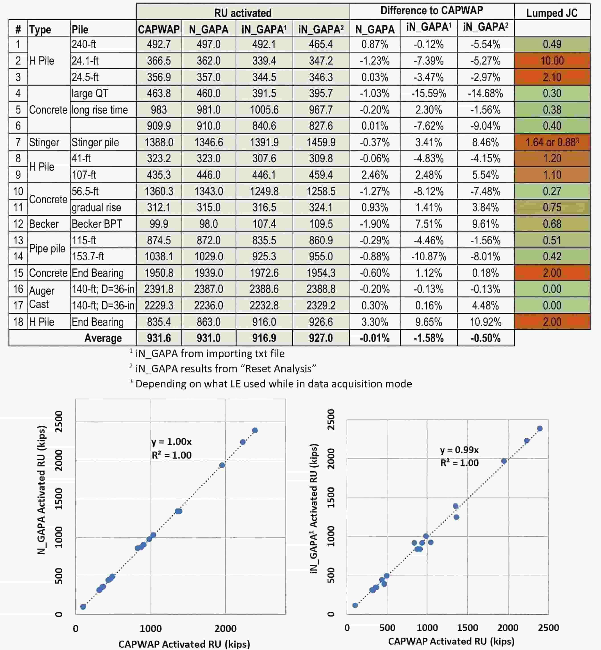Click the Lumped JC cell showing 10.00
[x=552, y=61]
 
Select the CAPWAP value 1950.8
[x=159, y=273]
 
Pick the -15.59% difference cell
[x=429, y=93]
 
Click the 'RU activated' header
[x=243, y=13]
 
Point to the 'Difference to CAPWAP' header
[x=431, y=10]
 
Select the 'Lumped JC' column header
[x=552, y=13]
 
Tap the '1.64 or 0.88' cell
[x=552, y=142]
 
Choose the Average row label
[x=103, y=338]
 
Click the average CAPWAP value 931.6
[x=159, y=338]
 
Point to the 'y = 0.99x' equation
[x=459, y=450]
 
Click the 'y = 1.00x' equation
[x=171, y=442]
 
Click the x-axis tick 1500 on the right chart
[x=468, y=627]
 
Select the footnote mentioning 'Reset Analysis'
[x=223, y=368]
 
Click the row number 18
[x=18, y=322]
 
